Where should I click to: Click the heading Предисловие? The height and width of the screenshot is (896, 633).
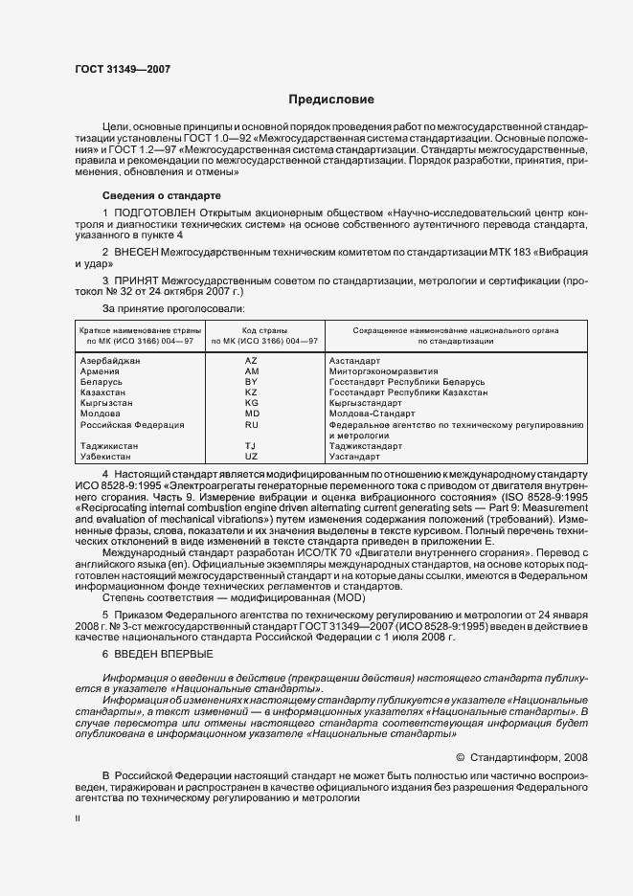point(331,100)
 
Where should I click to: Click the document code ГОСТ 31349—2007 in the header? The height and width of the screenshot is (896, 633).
point(123,68)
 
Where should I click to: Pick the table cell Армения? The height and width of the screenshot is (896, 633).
point(101,371)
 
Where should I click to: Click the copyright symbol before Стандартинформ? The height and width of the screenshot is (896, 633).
point(460,756)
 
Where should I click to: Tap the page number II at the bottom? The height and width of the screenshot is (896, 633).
point(78,819)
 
